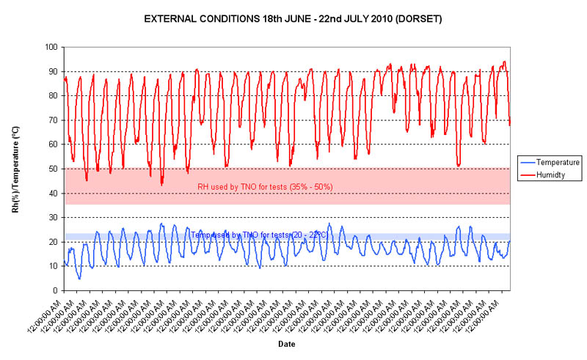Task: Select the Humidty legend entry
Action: point(552,175)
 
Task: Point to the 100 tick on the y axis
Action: point(52,47)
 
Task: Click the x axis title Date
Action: point(287,344)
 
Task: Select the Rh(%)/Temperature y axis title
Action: point(15,169)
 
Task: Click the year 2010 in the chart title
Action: point(375,18)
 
